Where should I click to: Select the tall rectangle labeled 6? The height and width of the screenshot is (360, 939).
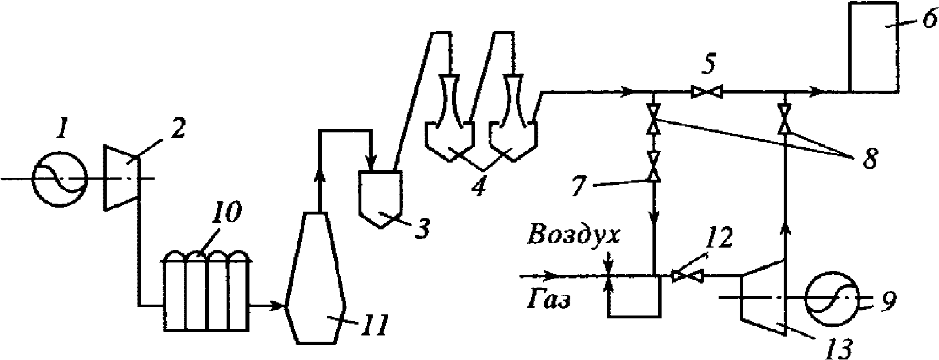(873, 47)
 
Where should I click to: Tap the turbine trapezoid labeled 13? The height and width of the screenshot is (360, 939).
(763, 297)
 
